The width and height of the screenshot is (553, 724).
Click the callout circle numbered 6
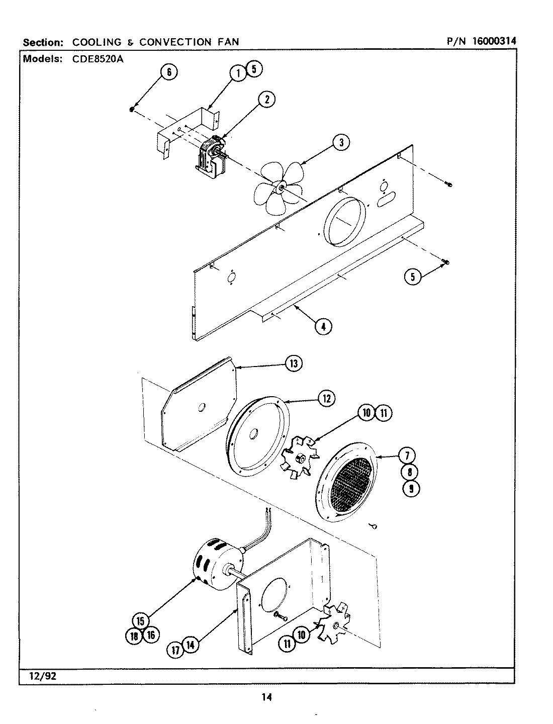tap(169, 72)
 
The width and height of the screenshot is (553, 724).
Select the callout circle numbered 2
tap(266, 100)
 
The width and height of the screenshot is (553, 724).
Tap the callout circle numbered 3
tap(341, 143)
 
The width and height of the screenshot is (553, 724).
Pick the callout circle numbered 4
tap(323, 326)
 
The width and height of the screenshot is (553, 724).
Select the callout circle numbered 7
tap(407, 456)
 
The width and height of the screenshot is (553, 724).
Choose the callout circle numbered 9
tap(411, 488)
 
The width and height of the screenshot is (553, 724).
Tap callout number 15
tap(141, 621)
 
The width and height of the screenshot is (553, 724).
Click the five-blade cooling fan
tap(278, 188)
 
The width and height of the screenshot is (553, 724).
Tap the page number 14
tap(266, 697)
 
